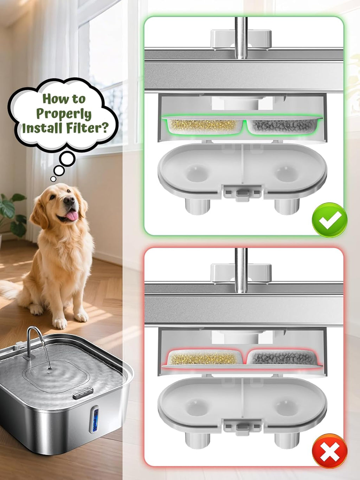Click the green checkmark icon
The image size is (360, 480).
pyautogui.click(x=329, y=220)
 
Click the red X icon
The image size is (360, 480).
pyautogui.click(x=329, y=451)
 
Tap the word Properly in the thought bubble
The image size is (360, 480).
pyautogui.click(x=64, y=114)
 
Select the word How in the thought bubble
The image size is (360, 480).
pyautogui.click(x=53, y=99)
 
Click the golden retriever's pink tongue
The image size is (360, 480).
pyautogui.click(x=72, y=216)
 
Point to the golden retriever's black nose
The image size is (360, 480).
pyautogui.click(x=69, y=201)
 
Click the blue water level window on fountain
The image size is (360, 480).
pyautogui.click(x=94, y=419)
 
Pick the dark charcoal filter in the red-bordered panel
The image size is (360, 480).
pyautogui.click(x=283, y=358)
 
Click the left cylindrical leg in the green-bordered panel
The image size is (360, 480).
pyautogui.click(x=197, y=206)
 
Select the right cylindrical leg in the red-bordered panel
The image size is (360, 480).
pyautogui.click(x=287, y=440)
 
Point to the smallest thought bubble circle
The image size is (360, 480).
pyautogui.click(x=53, y=179)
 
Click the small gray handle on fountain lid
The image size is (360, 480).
pyautogui.click(x=83, y=393)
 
